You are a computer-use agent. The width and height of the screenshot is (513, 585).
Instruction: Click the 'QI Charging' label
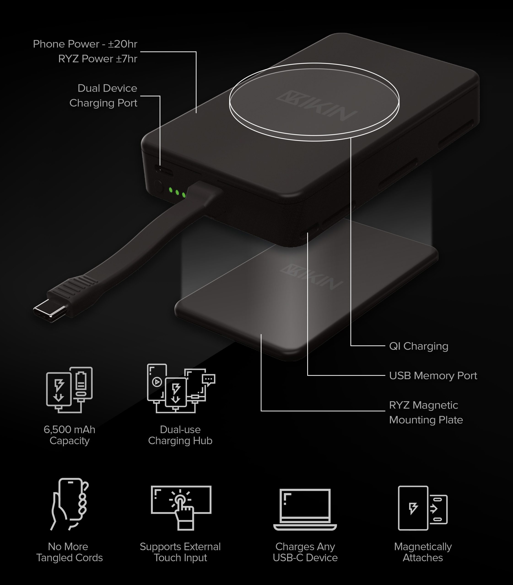pyautogui.click(x=418, y=346)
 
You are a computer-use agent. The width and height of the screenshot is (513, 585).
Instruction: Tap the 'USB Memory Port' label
pyautogui.click(x=433, y=375)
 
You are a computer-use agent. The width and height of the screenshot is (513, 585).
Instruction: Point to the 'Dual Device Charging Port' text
pyautogui.click(x=103, y=96)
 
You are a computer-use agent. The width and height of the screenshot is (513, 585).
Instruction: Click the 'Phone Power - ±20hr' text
pyautogui.click(x=85, y=44)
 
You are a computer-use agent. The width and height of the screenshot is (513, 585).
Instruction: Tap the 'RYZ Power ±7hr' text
pyautogui.click(x=98, y=59)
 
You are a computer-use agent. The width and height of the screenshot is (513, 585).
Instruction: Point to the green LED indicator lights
pyautogui.click(x=177, y=192)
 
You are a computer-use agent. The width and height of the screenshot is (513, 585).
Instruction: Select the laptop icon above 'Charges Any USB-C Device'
pyautogui.click(x=305, y=509)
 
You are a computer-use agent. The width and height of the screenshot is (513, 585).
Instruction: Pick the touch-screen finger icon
pyautogui.click(x=181, y=507)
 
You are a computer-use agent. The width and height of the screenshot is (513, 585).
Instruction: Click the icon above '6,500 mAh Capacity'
pyautogui.click(x=69, y=390)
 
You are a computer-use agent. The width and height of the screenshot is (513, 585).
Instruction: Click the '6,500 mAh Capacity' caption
pyautogui.click(x=69, y=435)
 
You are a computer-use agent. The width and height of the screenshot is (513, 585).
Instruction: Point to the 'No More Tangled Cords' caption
pyautogui.click(x=69, y=552)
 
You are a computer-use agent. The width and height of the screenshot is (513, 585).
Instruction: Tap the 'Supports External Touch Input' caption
pyautogui.click(x=180, y=552)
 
